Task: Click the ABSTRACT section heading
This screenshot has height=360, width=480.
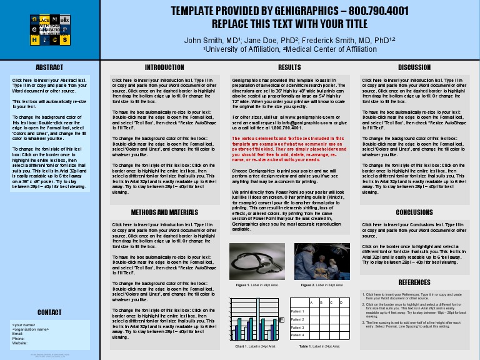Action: tap(49, 67)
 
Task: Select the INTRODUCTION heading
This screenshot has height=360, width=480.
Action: tap(164, 67)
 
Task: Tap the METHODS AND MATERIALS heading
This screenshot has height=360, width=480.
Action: tap(164, 212)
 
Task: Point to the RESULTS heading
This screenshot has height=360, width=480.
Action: tap(289, 67)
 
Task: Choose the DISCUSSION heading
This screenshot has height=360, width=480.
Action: tap(414, 67)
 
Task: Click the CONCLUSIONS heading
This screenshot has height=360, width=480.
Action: tap(414, 212)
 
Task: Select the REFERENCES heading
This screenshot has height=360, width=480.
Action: tap(414, 282)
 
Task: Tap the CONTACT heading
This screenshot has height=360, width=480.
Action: tap(49, 312)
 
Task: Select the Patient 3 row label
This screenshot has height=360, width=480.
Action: tap(298, 327)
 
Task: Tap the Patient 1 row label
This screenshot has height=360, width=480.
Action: tap(298, 311)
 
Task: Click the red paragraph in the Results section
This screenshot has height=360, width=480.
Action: tap(288, 149)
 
